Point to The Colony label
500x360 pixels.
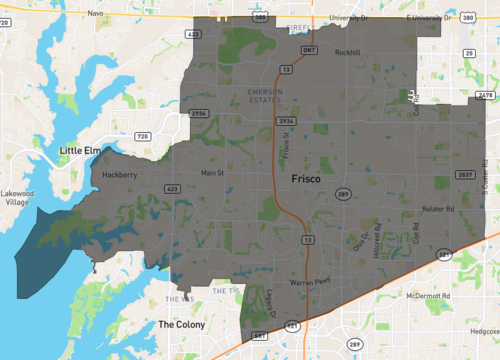pyautogui.click(x=181, y=324)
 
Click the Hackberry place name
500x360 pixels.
pyautogui.click(x=120, y=174)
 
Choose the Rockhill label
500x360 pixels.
pyautogui.click(x=347, y=53)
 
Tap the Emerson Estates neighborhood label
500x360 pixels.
pyautogui.click(x=266, y=94)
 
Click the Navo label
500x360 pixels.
pyautogui.click(x=96, y=13)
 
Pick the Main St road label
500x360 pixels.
pyautogui.click(x=213, y=173)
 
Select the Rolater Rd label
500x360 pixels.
pyautogui.click(x=438, y=209)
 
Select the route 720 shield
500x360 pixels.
pyautogui.click(x=142, y=135)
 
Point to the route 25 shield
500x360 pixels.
pyautogui.click(x=469, y=52)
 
